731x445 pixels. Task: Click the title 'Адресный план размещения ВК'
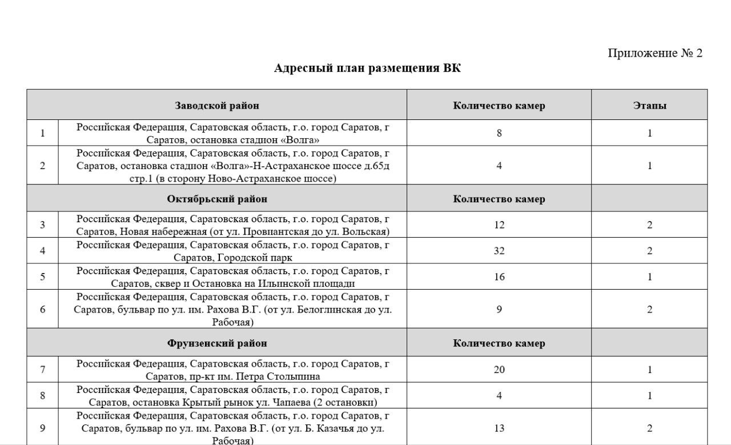click(x=367, y=69)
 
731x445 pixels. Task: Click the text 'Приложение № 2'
click(x=654, y=53)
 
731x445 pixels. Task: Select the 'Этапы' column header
click(x=649, y=106)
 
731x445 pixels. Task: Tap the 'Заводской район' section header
click(x=216, y=106)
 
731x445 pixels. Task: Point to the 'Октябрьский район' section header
click(x=216, y=199)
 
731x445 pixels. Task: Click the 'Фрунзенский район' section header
click(x=216, y=343)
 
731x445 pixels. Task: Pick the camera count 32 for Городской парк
click(x=499, y=250)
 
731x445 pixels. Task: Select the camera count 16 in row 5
click(x=499, y=276)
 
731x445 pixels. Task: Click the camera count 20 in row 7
click(x=499, y=370)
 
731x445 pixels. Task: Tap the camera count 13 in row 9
click(x=499, y=428)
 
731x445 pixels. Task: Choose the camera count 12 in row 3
click(x=499, y=224)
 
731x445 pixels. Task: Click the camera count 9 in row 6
click(x=499, y=309)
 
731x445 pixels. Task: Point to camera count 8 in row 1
click(x=499, y=133)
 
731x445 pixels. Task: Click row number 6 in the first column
click(x=42, y=309)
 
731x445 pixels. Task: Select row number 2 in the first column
click(x=42, y=166)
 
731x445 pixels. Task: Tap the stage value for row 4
click(x=649, y=250)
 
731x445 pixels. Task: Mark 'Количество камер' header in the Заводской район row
click(x=499, y=106)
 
